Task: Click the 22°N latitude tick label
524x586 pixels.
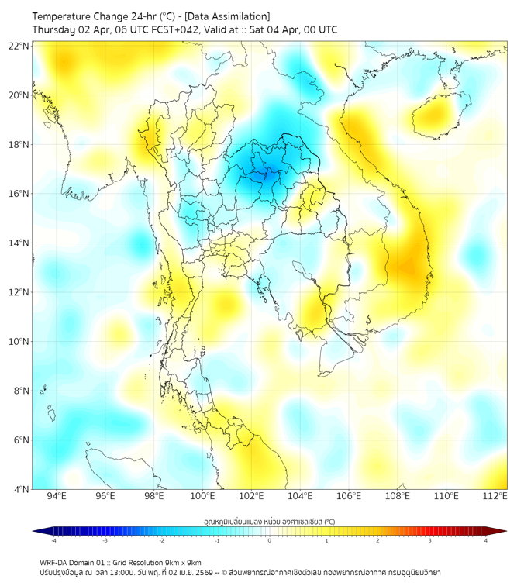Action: (19, 47)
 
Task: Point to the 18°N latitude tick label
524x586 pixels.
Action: (19, 145)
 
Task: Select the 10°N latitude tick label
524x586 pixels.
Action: (19, 342)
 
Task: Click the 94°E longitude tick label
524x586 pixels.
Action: (57, 497)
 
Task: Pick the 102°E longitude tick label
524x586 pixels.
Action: (251, 497)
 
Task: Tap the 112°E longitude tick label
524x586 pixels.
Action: (495, 497)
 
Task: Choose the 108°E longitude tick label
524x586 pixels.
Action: (398, 497)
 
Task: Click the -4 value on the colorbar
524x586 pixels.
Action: (53, 540)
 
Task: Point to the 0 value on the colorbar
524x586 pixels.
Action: (270, 540)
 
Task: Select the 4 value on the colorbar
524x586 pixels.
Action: (485, 540)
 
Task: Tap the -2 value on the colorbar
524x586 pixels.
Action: (161, 540)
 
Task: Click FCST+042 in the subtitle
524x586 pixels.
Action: (172, 30)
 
